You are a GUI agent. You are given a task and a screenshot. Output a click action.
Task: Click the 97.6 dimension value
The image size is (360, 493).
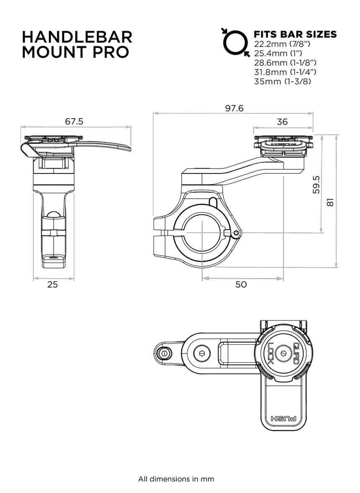tap(234, 108)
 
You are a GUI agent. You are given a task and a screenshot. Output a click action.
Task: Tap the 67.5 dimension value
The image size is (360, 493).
tap(74, 121)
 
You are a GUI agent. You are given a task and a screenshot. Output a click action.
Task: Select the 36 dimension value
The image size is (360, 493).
tap(282, 121)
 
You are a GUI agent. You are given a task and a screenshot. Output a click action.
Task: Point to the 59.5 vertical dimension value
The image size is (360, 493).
tap(316, 185)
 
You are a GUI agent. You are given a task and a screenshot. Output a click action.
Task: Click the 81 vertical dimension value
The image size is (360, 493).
tap(330, 202)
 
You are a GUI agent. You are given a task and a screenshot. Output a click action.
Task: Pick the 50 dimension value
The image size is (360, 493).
tap(241, 284)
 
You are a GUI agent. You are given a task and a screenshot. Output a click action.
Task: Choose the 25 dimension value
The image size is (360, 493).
tap(52, 284)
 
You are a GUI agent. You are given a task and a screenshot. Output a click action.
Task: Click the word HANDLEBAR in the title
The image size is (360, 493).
tap(77, 37)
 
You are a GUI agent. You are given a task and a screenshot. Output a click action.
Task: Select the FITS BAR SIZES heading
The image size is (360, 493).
tap(295, 34)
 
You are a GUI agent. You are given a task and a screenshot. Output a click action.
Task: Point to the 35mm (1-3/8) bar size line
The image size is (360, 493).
tap(283, 81)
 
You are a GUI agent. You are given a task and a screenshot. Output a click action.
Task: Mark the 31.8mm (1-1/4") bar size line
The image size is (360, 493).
tap(285, 72)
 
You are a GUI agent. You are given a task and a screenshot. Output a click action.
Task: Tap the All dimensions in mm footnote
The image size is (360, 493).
tap(176, 479)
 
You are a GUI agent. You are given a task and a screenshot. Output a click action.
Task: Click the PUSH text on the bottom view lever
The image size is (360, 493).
tap(283, 419)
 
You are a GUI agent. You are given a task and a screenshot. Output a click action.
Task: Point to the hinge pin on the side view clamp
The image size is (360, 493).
tap(236, 233)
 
